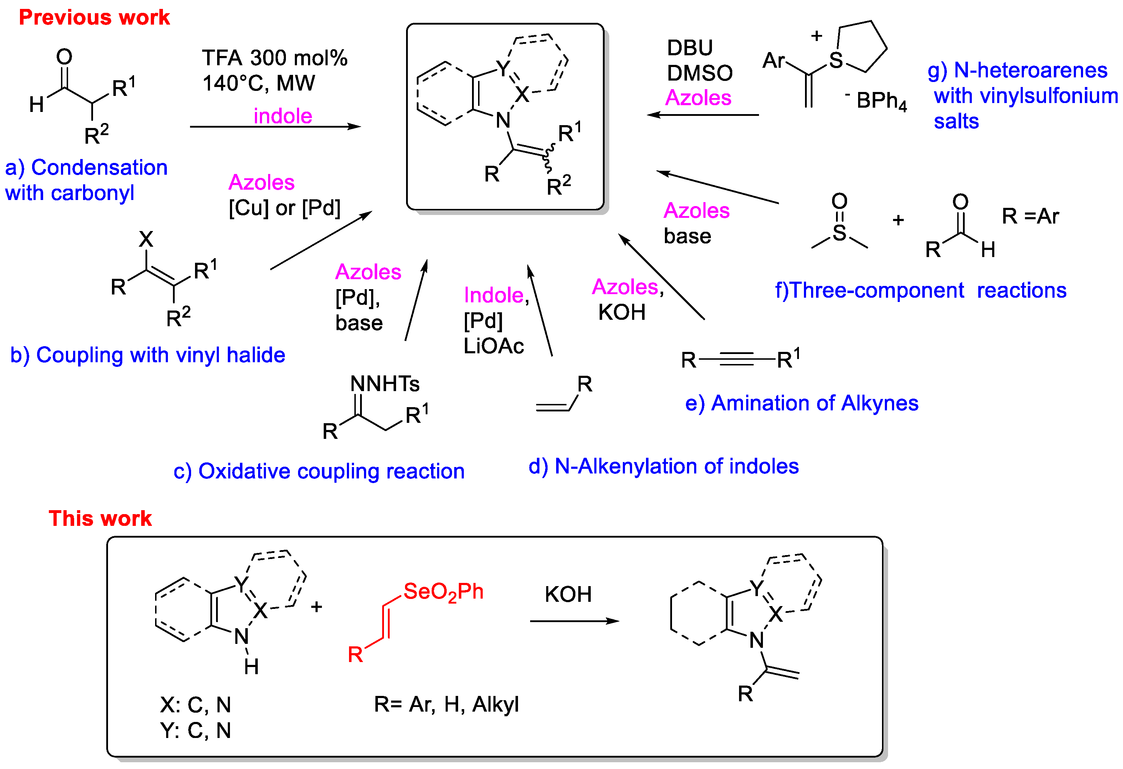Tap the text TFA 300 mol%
pos(275,58)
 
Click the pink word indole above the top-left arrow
pos(283,116)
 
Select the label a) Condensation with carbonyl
pos(86,180)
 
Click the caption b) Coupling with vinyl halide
pos(147,355)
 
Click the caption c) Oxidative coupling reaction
pos(319,471)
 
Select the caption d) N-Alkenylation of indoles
pos(663,466)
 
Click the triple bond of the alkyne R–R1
pos(737,359)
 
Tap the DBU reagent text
pos(689,48)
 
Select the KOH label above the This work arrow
pos(568,595)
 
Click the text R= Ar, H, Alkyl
pos(446,705)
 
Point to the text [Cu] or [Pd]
pos(284,208)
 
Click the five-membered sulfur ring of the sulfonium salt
pos(862,47)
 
